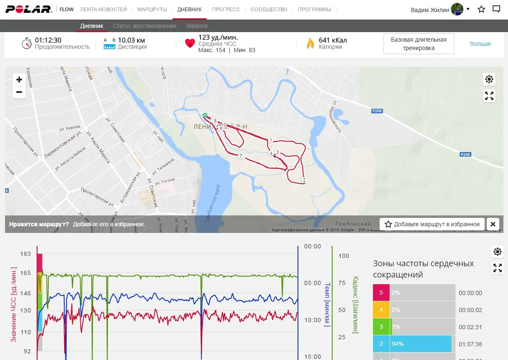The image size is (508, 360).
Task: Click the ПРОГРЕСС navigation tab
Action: (x=226, y=9)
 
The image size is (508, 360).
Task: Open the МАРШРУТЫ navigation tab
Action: (x=152, y=9)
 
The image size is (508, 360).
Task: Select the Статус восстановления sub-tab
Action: (x=145, y=26)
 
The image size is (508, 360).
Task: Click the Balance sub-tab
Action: (x=197, y=26)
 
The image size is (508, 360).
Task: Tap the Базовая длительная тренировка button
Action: (x=418, y=44)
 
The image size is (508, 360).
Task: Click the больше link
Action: (x=480, y=44)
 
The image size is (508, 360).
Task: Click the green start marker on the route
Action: (x=205, y=115)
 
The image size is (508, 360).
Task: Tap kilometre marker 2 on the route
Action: (x=304, y=180)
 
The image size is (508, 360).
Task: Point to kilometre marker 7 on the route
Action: (x=240, y=156)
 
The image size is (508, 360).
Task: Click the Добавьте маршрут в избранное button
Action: (x=432, y=224)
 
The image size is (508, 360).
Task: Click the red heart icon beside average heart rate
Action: (x=190, y=43)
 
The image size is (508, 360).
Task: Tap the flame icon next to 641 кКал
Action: (x=310, y=43)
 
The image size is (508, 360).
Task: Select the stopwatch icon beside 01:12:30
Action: (x=27, y=43)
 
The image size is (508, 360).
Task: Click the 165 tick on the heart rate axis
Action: (x=25, y=273)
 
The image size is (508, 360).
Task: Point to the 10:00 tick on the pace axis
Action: (x=313, y=320)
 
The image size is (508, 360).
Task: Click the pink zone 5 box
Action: (x=381, y=292)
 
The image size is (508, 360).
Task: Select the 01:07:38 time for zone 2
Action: (x=470, y=344)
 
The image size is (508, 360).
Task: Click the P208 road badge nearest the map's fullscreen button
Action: (x=377, y=111)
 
